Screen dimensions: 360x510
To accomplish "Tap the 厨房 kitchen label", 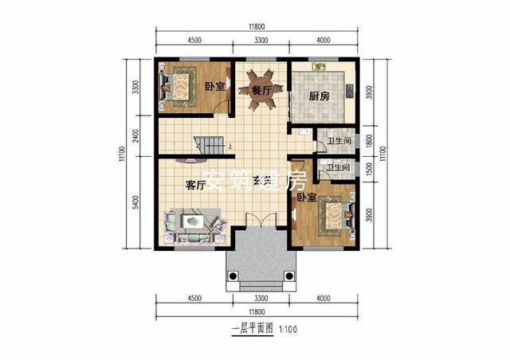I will coord(320,96).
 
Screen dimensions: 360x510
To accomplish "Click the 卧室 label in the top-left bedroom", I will coord(214,86).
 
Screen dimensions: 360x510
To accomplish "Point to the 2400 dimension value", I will coord(136,136).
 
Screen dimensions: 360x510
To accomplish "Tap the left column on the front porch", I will coord(233,276).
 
